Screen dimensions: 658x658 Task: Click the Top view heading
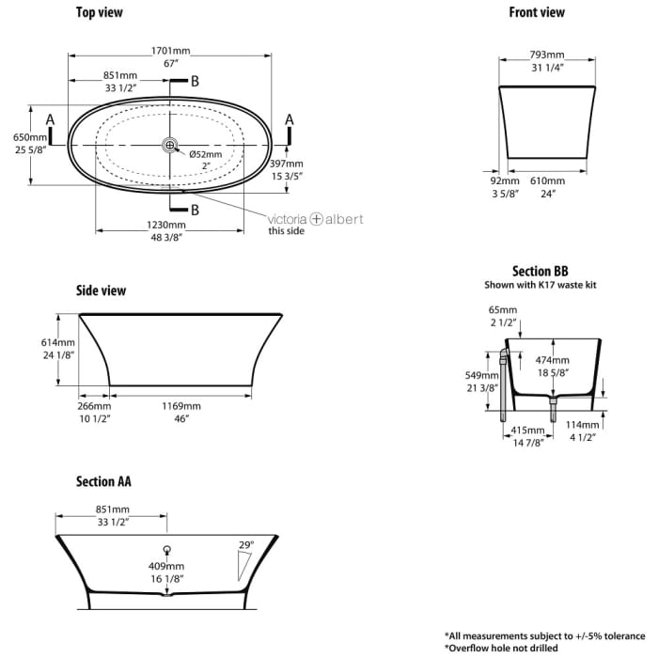pyautogui.click(x=99, y=13)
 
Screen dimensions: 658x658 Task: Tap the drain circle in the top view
pyautogui.click(x=170, y=145)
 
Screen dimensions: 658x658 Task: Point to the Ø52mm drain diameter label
pyautogui.click(x=205, y=154)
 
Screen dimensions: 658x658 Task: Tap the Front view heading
pyautogui.click(x=537, y=13)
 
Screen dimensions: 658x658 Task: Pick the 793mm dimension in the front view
pyautogui.click(x=547, y=55)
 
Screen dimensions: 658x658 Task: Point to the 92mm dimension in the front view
pyautogui.click(x=505, y=180)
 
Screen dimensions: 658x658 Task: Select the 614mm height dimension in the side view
pyautogui.click(x=38, y=342)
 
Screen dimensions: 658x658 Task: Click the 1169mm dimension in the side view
pyautogui.click(x=180, y=406)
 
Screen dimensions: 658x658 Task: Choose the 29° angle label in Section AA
pyautogui.click(x=247, y=545)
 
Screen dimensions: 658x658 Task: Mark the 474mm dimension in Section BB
pyautogui.click(x=553, y=360)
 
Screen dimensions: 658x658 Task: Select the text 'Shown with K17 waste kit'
pyautogui.click(x=540, y=284)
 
